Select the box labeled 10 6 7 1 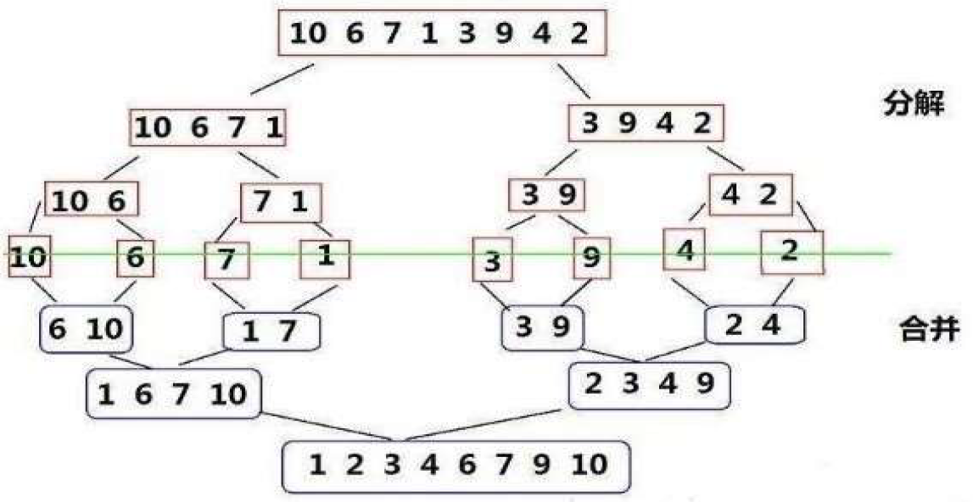pos(208,128)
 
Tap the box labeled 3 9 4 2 pos(646,124)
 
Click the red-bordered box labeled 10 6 pos(90,199)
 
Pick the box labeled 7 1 pos(281,204)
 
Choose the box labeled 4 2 pos(750,196)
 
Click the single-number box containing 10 pos(29,255)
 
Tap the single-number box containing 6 pos(136,257)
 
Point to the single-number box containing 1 pos(324,256)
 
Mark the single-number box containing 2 pos(791,251)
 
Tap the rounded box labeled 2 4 pos(755,325)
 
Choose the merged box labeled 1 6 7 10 pos(173,393)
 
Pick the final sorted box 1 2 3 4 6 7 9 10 pos(456,466)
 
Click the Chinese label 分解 pos(913,106)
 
